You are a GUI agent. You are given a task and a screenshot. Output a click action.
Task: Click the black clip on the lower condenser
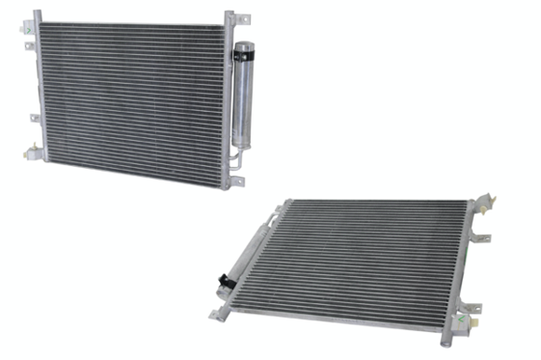coord(225,280)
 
